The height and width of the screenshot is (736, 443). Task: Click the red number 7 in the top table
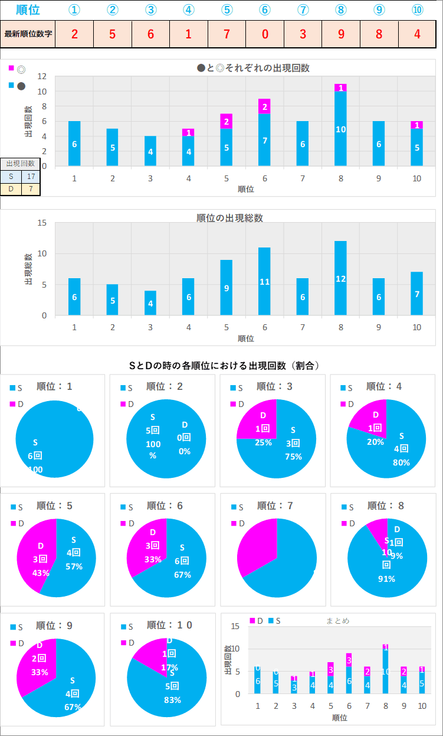coord(227,34)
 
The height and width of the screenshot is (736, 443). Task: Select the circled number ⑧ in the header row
coord(340,10)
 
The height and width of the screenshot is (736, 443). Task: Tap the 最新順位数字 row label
coord(28,34)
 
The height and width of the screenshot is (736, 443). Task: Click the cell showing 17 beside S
coord(31,176)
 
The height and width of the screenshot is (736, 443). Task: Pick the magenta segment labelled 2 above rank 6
coord(264,106)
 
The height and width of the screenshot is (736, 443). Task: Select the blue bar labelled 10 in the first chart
coord(340,129)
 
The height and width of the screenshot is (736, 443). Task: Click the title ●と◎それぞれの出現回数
coord(253,68)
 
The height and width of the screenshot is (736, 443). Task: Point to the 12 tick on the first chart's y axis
coord(42,77)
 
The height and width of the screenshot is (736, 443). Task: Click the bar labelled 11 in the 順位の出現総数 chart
coord(264,282)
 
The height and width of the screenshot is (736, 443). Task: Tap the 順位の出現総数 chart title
coord(229,218)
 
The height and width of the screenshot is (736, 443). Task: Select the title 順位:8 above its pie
coord(385,506)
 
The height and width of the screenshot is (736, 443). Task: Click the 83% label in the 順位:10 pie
coord(170,700)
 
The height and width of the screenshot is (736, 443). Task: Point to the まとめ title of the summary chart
coord(337,621)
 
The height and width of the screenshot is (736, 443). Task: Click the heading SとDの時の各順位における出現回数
coord(224,366)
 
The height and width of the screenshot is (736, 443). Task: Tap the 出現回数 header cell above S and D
coord(20,163)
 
